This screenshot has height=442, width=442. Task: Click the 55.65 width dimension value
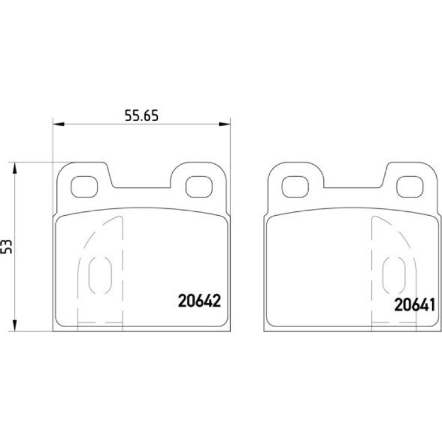pos(142,115)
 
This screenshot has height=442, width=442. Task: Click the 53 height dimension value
pos(7,246)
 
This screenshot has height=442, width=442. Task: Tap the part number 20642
pos(199,301)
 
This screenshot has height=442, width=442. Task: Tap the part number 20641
pos(414,305)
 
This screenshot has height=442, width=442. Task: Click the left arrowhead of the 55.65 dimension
pos(59,124)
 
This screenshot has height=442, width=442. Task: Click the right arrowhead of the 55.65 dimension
pos(224,124)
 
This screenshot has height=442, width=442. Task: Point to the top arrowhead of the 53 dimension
pos(15,168)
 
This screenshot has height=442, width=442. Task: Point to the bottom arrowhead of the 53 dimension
pos(15,325)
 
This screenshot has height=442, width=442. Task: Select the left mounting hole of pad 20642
pos(84,187)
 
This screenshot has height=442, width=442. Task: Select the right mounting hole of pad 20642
pos(199,187)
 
